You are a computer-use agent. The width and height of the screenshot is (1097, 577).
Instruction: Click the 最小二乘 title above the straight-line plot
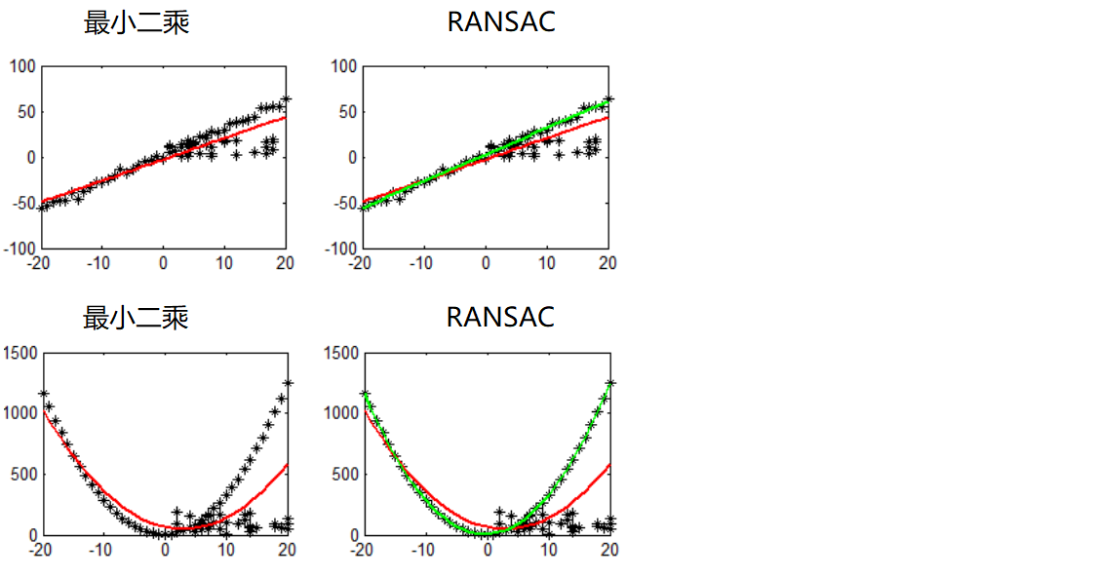pyautogui.click(x=137, y=22)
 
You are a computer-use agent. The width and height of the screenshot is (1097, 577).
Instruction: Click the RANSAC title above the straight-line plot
pyautogui.click(x=501, y=22)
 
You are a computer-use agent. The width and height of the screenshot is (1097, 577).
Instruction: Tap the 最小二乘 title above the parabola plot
pyautogui.click(x=137, y=317)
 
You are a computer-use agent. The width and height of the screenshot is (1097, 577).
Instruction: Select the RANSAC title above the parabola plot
pyautogui.click(x=500, y=317)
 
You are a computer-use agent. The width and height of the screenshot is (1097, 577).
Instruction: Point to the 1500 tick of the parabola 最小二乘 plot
pyautogui.click(x=20, y=353)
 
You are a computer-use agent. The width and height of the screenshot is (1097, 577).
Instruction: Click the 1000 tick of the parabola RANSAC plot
pyautogui.click(x=341, y=413)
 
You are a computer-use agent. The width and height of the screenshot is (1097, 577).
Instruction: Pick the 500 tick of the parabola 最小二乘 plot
pyautogui.click(x=24, y=475)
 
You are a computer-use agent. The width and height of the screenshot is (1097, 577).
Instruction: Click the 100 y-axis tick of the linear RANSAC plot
pyautogui.click(x=345, y=66)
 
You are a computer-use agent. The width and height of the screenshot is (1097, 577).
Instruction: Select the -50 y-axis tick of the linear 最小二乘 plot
pyautogui.click(x=24, y=204)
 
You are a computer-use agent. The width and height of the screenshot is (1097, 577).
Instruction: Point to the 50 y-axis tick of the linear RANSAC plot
pyautogui.click(x=348, y=112)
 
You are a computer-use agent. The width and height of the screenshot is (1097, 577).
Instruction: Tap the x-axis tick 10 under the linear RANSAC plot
pyautogui.click(x=548, y=263)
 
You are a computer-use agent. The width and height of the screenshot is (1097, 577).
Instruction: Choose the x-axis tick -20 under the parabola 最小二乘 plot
pyautogui.click(x=40, y=550)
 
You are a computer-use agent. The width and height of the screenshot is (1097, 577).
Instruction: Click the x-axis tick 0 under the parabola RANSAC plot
pyautogui.click(x=487, y=550)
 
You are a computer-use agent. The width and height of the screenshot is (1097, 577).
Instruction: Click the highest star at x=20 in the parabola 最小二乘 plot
pyautogui.click(x=288, y=383)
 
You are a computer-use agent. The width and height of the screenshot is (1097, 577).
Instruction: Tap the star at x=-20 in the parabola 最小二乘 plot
pyautogui.click(x=43, y=394)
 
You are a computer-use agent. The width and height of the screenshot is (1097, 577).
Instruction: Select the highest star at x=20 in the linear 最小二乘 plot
pyautogui.click(x=286, y=99)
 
